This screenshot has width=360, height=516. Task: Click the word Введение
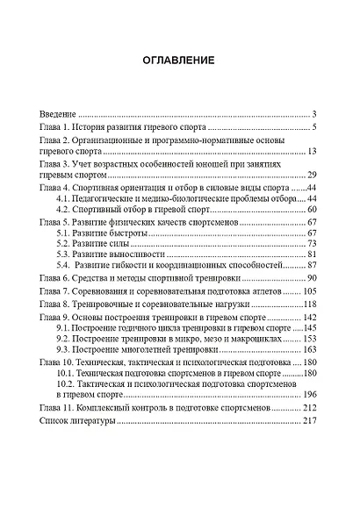tap(59, 114)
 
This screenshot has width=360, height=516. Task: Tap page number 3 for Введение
tap(314, 114)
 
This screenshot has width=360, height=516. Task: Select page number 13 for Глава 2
tap(311, 152)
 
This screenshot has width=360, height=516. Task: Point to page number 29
tap(311, 176)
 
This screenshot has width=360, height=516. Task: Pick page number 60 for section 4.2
tap(311, 210)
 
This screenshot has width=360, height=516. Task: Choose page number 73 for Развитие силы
tap(311, 246)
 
